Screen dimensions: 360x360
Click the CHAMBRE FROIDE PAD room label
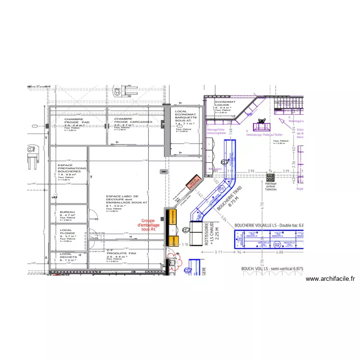coord(73,121)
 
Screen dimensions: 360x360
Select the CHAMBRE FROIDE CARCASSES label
coord(133,121)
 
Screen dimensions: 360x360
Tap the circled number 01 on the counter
coord(221,189)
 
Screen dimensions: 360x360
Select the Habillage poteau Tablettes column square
coord(270,177)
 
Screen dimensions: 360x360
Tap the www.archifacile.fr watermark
coord(329,279)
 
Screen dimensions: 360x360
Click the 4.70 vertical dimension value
coord(262,204)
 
